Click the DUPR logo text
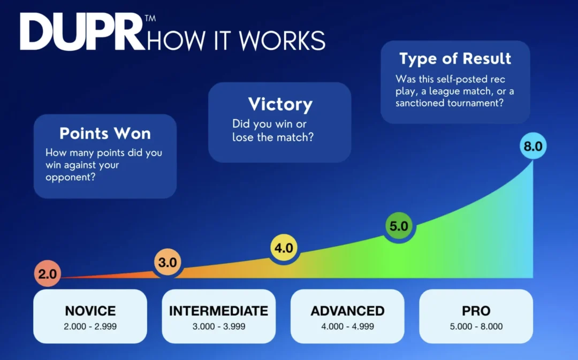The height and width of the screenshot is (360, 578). pyautogui.click(x=82, y=32)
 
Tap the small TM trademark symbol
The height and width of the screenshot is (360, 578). pyautogui.click(x=150, y=18)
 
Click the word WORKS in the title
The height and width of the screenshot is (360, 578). pyautogui.click(x=283, y=40)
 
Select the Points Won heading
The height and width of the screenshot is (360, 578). pyautogui.click(x=105, y=133)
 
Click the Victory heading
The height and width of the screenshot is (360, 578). pyautogui.click(x=280, y=104)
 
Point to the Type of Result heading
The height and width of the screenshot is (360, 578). pyautogui.click(x=455, y=59)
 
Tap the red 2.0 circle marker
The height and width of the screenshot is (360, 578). pyautogui.click(x=48, y=273)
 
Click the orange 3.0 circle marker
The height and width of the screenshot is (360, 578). pyautogui.click(x=168, y=262)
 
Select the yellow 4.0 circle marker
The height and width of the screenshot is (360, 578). pyautogui.click(x=284, y=248)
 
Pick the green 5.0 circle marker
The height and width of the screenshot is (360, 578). pyautogui.click(x=399, y=226)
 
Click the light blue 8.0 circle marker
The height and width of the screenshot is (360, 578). pyautogui.click(x=533, y=146)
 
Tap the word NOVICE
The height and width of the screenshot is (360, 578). pyautogui.click(x=90, y=311)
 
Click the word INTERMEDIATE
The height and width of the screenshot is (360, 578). pyautogui.click(x=218, y=311)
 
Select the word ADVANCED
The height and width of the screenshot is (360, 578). pyautogui.click(x=348, y=311)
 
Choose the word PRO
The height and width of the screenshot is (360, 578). pyautogui.click(x=476, y=311)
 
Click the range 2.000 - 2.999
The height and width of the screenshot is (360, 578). pyautogui.click(x=90, y=326)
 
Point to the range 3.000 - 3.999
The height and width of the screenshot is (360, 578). pyautogui.click(x=218, y=326)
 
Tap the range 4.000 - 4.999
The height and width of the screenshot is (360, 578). pyautogui.click(x=348, y=326)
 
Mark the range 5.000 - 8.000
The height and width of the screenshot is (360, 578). pyautogui.click(x=476, y=326)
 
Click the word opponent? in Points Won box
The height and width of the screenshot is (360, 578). pyautogui.click(x=71, y=177)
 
